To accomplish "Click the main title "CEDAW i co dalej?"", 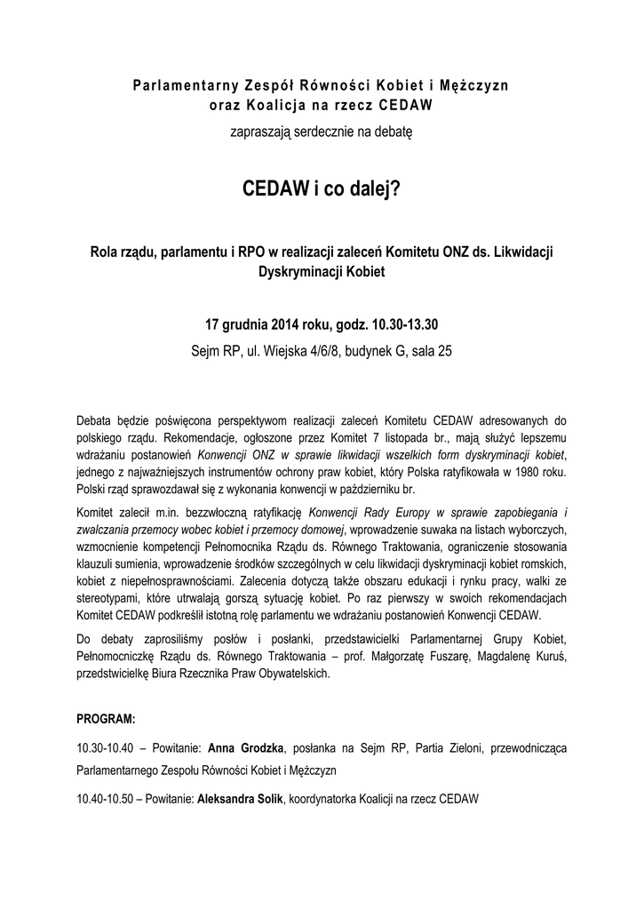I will click(322, 192).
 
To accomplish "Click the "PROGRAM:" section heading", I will click(106, 716).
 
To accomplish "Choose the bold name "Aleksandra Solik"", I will click(239, 799).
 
